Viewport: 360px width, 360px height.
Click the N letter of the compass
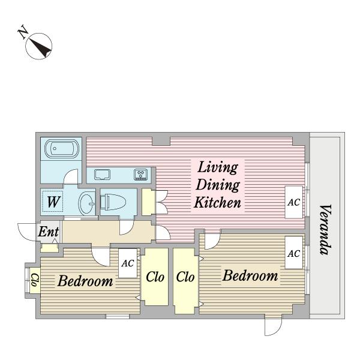point(23,31)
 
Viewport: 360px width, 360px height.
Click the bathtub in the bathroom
point(62,148)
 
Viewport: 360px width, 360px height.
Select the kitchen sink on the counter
point(102,175)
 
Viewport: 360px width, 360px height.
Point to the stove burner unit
point(141,174)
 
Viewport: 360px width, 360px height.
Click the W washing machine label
point(54,202)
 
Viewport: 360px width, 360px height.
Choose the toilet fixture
point(113,202)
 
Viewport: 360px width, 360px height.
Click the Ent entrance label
point(49,232)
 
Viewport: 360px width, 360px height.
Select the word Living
point(218,167)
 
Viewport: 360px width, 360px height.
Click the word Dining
point(218,185)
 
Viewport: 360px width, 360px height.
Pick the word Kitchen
point(217,202)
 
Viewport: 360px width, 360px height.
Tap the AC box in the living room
point(294,202)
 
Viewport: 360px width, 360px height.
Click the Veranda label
point(326,230)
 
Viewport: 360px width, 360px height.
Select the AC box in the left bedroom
point(128,263)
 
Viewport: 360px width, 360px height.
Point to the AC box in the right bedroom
point(294,253)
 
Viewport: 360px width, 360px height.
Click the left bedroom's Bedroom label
point(85,281)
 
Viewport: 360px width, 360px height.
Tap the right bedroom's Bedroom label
point(250,275)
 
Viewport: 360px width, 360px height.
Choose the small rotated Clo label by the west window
point(35,280)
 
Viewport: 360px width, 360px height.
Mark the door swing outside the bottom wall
point(273,327)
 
